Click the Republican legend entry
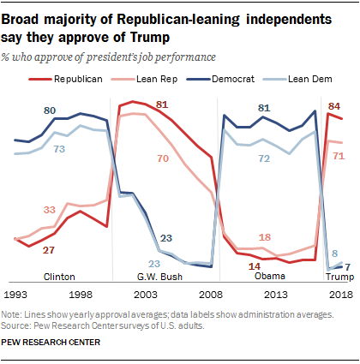(x=86, y=78)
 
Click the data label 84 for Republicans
(x=336, y=105)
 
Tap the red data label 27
(x=50, y=249)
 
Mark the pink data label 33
(x=51, y=209)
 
